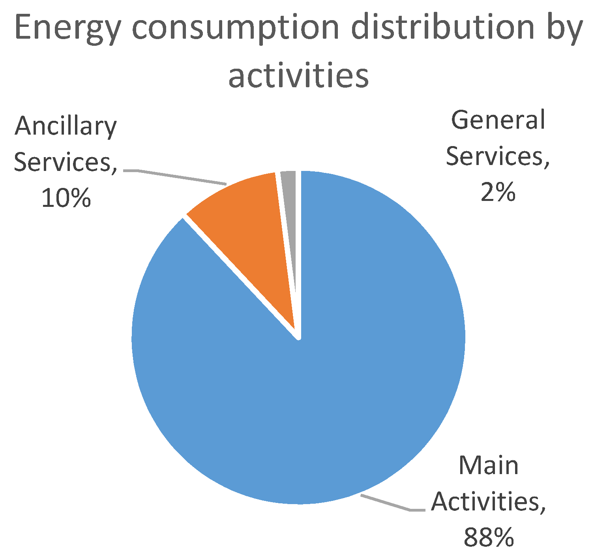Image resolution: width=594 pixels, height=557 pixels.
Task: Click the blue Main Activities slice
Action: coord(335,375)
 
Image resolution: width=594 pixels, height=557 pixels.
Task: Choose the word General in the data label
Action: coord(498,120)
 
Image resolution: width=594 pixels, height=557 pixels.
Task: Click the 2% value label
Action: coord(498,192)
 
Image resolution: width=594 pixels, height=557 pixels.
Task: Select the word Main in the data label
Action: coord(489,466)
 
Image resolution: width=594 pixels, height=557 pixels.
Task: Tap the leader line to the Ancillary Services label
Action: coord(178,176)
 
